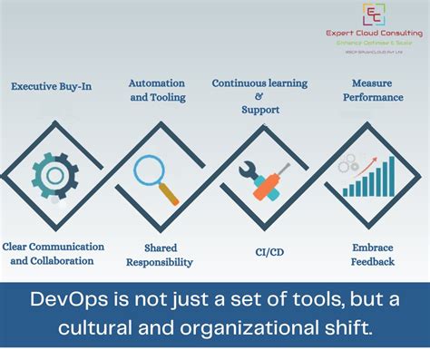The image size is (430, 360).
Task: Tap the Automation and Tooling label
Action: point(157,90)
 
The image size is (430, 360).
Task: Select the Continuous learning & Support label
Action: point(259,96)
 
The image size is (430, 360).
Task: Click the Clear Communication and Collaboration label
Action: point(53,253)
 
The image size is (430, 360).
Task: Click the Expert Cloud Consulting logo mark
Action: point(373,15)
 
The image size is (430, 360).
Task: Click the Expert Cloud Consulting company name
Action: point(373,34)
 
